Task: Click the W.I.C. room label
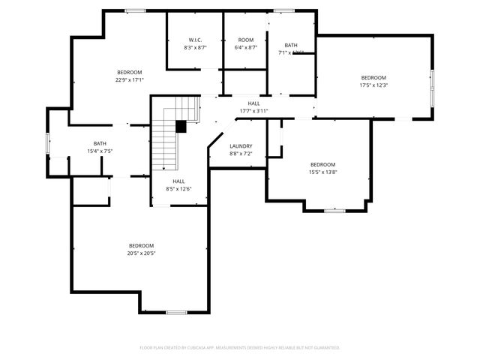[194, 40]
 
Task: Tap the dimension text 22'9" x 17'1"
[129, 79]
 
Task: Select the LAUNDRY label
[241, 146]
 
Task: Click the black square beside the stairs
[181, 127]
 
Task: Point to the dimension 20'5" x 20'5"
[141, 253]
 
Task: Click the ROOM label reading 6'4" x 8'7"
[246, 40]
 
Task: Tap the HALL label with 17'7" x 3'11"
[253, 103]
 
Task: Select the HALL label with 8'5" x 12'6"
[178, 181]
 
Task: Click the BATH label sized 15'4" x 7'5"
[100, 143]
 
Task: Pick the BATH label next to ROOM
[290, 45]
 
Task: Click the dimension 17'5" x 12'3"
[373, 85]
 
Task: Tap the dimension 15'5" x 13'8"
[322, 172]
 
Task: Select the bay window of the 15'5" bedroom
[334, 211]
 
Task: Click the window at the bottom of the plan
[176, 312]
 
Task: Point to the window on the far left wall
[48, 142]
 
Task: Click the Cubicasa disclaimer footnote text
[240, 347]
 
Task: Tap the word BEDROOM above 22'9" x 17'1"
[129, 72]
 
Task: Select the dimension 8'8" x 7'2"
[241, 154]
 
